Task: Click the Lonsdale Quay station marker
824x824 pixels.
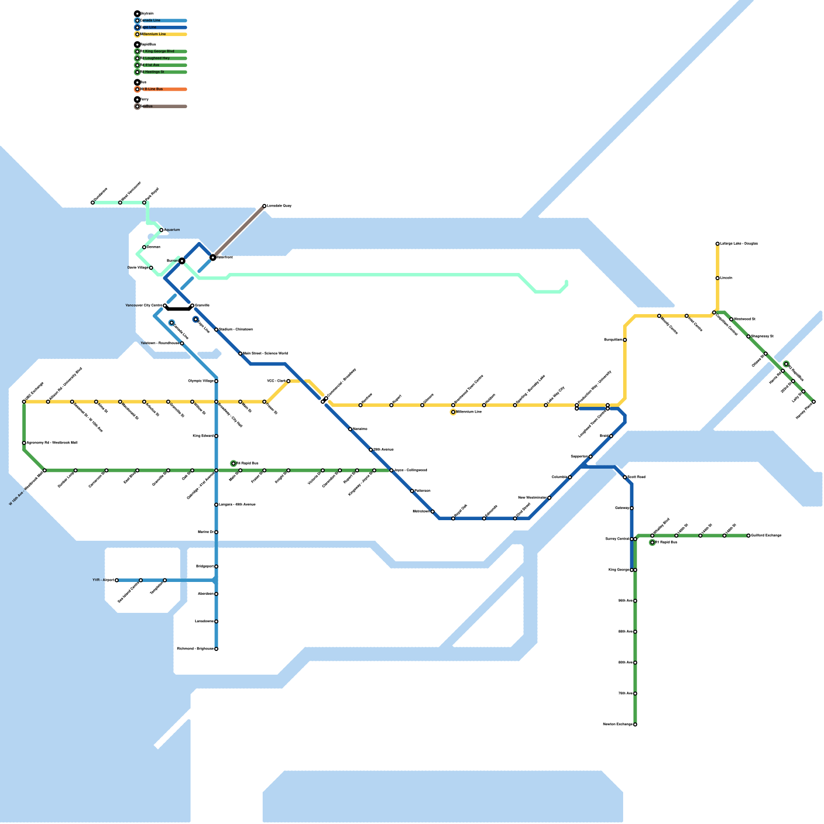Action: (264, 206)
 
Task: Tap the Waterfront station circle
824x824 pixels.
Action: (213, 257)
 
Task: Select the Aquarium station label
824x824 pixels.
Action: (172, 230)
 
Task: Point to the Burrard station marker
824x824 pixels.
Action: (182, 261)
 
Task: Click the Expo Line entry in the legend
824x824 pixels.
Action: (161, 27)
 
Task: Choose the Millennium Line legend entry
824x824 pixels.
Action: (161, 35)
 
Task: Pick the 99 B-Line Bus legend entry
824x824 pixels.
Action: (161, 89)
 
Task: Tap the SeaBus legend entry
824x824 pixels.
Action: (161, 107)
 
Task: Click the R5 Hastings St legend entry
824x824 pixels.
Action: (161, 72)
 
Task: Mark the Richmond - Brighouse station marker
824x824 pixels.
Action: (216, 649)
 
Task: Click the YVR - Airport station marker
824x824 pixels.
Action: (117, 580)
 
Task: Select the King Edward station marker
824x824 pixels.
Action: (216, 436)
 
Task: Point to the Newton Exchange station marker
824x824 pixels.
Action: (635, 725)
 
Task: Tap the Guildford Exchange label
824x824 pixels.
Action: (766, 536)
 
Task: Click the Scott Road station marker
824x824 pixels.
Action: (625, 477)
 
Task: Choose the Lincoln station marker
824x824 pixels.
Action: (717, 278)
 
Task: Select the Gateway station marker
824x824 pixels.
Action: (632, 508)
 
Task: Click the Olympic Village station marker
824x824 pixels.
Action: (216, 381)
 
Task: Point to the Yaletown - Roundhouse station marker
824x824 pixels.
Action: (182, 344)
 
